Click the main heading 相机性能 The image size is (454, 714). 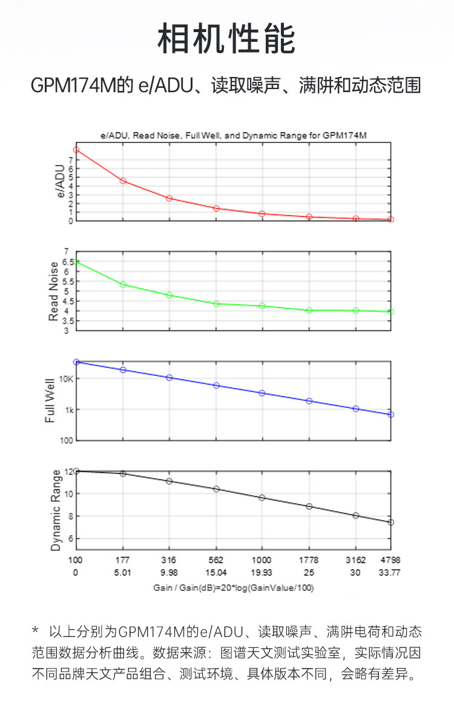[226, 40]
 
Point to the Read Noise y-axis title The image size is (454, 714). [54, 292]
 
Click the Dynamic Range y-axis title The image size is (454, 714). [56, 510]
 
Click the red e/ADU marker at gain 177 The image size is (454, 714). [123, 181]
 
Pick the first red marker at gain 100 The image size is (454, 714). [76, 150]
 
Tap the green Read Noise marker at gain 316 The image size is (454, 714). [169, 295]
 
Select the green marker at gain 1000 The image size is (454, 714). [262, 306]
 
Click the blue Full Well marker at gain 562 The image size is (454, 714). [216, 385]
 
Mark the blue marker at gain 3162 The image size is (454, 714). [356, 409]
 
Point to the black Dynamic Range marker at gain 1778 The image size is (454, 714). [309, 506]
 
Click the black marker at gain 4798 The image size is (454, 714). [391, 522]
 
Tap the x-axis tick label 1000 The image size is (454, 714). [262, 560]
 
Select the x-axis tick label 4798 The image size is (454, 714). [390, 560]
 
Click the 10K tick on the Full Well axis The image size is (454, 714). [65, 379]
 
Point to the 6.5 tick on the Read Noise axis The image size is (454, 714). [62, 262]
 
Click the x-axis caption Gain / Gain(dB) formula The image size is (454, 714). [233, 587]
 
